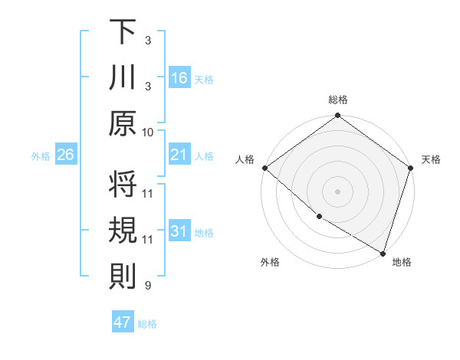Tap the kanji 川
click(x=123, y=77)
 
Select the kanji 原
click(x=123, y=123)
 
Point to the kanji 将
click(x=123, y=185)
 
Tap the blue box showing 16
click(x=179, y=78)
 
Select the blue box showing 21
click(x=179, y=155)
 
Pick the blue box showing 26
click(x=65, y=155)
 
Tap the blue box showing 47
click(x=122, y=322)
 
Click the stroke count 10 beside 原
click(x=148, y=132)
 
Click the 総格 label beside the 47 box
click(x=147, y=324)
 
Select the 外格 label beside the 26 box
click(x=41, y=156)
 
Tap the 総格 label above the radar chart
click(x=337, y=100)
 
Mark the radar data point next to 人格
click(x=264, y=168)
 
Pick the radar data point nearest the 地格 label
click(x=383, y=253)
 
